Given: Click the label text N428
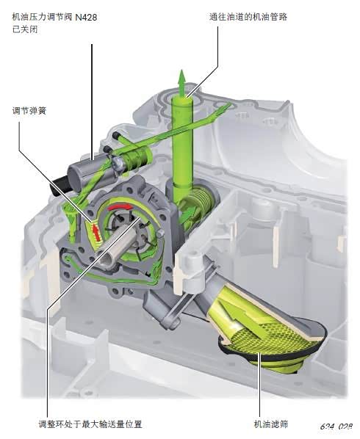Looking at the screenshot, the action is click(x=86, y=18).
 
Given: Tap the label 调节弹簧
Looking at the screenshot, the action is click(x=29, y=111).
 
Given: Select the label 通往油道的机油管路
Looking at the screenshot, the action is click(x=248, y=17).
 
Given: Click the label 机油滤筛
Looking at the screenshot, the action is click(x=271, y=424).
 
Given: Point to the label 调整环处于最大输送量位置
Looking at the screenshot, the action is click(x=90, y=424).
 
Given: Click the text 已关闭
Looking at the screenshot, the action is click(x=25, y=29).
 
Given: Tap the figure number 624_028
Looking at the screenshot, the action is click(x=336, y=427).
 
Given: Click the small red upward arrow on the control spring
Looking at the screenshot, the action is click(x=96, y=232).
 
